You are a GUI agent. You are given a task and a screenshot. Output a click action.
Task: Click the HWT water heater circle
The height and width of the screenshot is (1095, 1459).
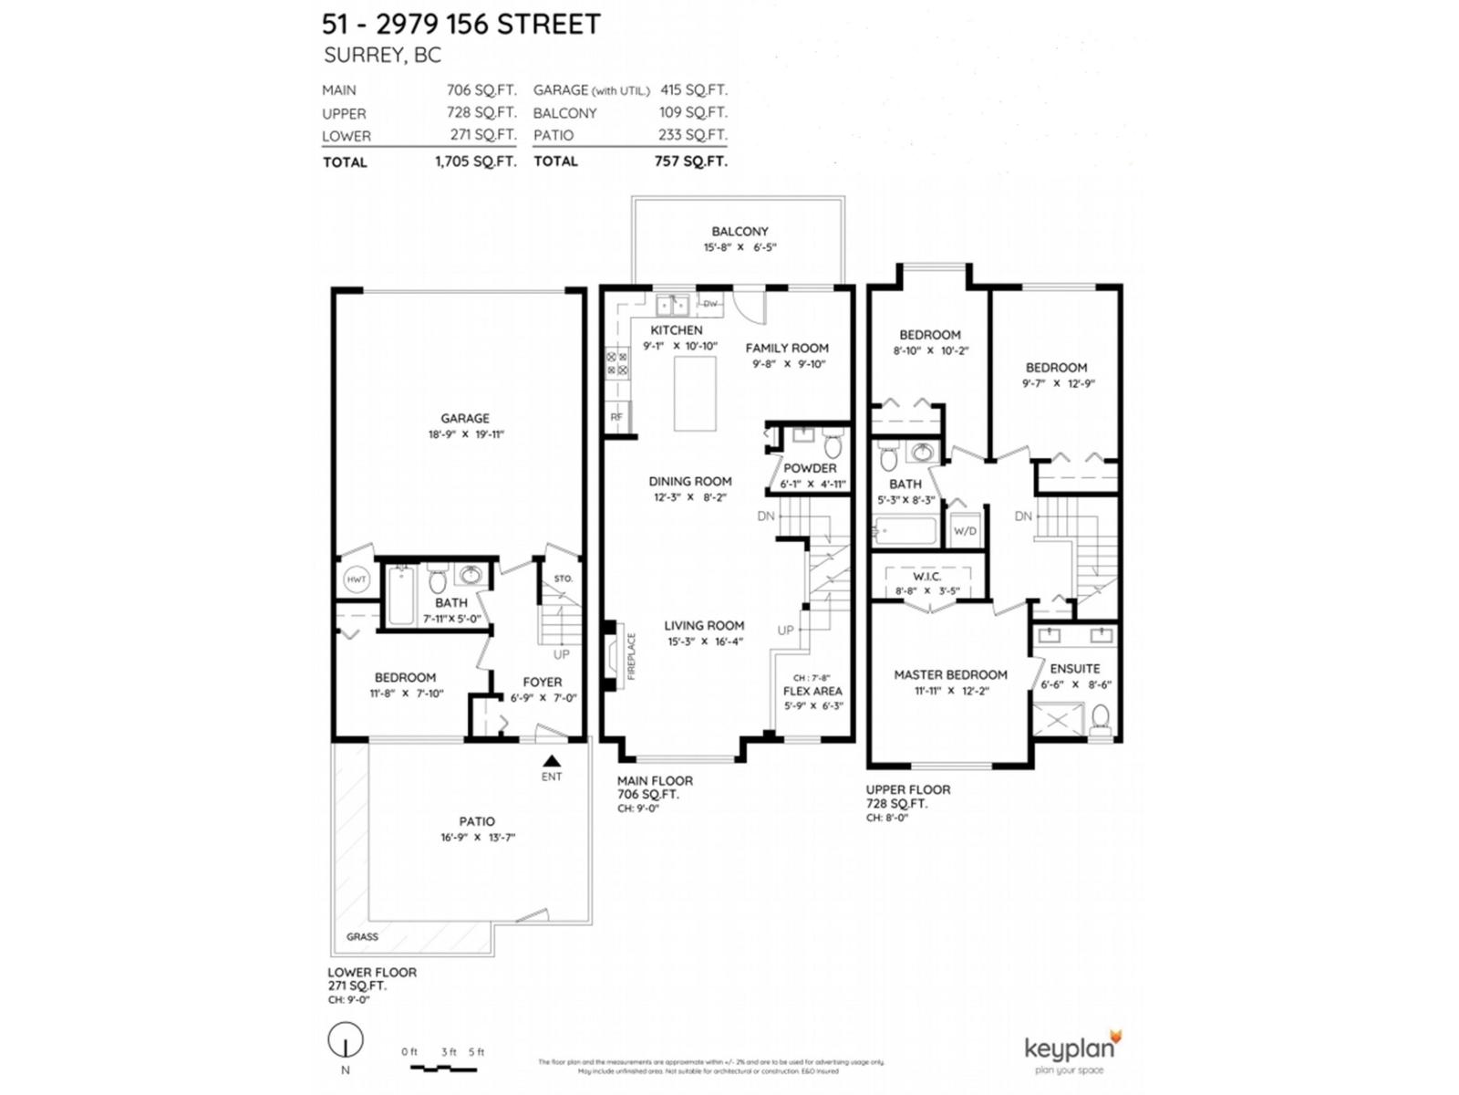356,579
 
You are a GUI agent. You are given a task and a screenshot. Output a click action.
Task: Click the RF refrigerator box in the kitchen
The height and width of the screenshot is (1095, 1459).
616,417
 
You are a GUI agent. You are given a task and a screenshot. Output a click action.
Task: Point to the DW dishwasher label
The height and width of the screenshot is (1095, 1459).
710,304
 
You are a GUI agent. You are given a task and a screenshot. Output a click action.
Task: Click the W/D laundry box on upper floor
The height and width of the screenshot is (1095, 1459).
965,531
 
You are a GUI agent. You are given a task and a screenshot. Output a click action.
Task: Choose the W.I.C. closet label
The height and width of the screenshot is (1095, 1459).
926,577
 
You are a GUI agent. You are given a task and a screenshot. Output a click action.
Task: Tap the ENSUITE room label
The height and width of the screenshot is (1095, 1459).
1075,669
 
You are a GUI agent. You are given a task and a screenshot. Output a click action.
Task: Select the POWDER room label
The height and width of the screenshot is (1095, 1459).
810,468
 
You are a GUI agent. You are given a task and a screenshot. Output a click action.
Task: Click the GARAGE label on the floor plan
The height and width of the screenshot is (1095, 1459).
465,419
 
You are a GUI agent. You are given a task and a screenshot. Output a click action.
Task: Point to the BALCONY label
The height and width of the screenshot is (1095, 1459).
740,232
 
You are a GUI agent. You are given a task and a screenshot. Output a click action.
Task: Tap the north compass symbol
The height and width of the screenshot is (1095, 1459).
346,1040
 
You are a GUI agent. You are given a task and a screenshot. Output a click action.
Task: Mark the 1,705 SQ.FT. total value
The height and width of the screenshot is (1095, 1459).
475,162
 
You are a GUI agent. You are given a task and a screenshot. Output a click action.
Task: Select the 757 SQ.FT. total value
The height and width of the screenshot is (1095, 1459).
690,162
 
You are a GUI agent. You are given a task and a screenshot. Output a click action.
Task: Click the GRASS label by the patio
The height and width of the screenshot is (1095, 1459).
362,937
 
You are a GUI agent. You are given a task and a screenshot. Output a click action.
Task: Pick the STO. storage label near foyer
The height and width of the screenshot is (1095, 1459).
564,579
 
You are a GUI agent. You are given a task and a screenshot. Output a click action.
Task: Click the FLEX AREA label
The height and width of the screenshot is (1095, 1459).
812,692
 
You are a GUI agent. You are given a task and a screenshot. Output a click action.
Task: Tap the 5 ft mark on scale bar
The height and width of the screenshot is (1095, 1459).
476,1052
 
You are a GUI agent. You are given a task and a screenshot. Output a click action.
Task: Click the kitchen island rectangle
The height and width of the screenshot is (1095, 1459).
695,393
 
